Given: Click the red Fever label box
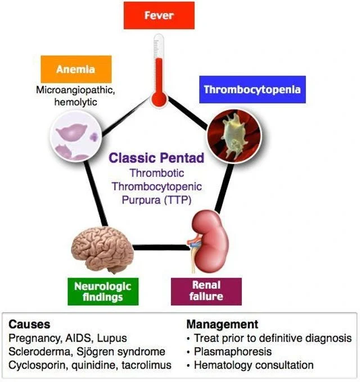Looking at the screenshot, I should point(159,15).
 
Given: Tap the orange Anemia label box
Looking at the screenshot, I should point(76,70).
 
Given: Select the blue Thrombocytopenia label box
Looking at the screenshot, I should point(252,89).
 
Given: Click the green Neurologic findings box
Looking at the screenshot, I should point(102,291).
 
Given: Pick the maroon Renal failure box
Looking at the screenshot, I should point(206,291).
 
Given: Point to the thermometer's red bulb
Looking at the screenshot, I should point(159,99).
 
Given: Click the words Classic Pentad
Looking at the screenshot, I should point(156,158).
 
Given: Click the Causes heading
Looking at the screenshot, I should point(29,325).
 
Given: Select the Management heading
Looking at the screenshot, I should point(222,325).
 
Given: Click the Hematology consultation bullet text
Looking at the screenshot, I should point(254,365).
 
